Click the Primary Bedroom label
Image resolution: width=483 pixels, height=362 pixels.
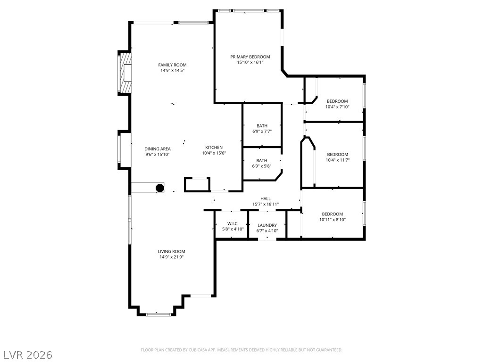pyautogui.click(x=250, y=57)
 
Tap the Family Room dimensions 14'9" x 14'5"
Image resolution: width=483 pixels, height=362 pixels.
pyautogui.click(x=173, y=71)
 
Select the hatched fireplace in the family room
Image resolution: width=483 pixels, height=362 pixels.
pyautogui.click(x=125, y=73)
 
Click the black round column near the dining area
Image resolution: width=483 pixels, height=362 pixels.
pyautogui.click(x=160, y=188)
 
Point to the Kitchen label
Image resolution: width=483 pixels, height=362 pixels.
pyautogui.click(x=214, y=148)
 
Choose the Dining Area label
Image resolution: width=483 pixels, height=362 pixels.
pyautogui.click(x=158, y=149)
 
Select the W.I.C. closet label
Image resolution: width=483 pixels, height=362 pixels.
pyautogui.click(x=233, y=224)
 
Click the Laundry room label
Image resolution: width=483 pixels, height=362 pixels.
pyautogui.click(x=267, y=225)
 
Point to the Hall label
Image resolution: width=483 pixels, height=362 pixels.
pyautogui.click(x=266, y=199)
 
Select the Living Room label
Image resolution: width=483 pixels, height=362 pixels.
pyautogui.click(x=172, y=252)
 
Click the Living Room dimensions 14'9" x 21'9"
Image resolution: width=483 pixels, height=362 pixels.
pyautogui.click(x=172, y=257)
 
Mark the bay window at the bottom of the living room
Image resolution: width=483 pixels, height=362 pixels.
pyautogui.click(x=158, y=314)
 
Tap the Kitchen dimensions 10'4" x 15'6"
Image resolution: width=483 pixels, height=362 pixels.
pyautogui.click(x=214, y=153)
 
